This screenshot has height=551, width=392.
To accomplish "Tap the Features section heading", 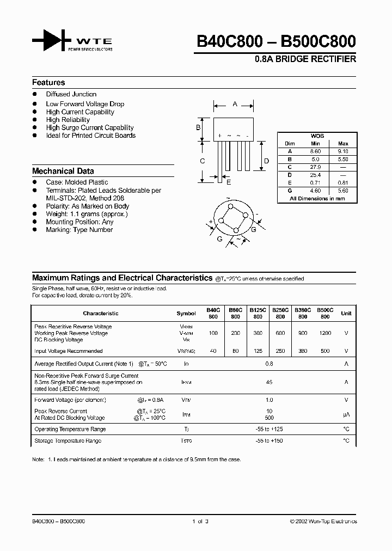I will pyautogui.click(x=48, y=83).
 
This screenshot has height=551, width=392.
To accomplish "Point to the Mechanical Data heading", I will pyautogui.click(x=63, y=170).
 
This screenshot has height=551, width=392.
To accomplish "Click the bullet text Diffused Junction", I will pyautogui.click(x=71, y=94).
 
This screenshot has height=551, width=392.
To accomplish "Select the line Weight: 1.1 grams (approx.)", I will pyautogui.click(x=87, y=214).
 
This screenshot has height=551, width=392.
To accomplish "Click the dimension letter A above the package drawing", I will pyautogui.click(x=235, y=103).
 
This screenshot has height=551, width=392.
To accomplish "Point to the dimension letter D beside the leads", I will pyautogui.click(x=266, y=161).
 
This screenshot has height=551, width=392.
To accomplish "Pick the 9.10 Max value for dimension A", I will pyautogui.click(x=343, y=151).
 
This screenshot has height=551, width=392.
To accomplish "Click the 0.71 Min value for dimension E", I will pyautogui.click(x=316, y=183).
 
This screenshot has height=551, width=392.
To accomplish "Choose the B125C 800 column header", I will pyautogui.click(x=258, y=313).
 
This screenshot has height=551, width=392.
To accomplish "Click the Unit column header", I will pyautogui.click(x=346, y=313).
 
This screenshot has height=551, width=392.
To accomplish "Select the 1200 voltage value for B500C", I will pyautogui.click(x=325, y=333).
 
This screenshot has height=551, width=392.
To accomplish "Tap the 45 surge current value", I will pyautogui.click(x=268, y=382).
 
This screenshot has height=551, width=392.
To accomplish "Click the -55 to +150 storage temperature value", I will pyautogui.click(x=268, y=440).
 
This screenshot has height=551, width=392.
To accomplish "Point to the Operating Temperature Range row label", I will pyautogui.click(x=70, y=429).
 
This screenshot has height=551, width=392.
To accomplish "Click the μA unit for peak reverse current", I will pyautogui.click(x=346, y=415).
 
